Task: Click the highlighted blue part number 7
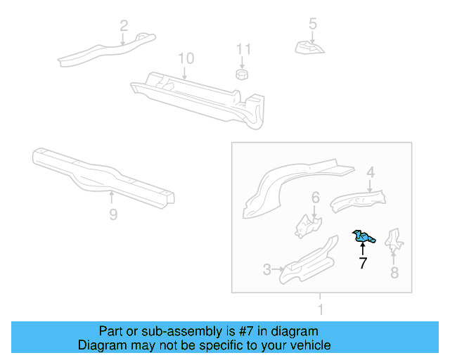pyautogui.click(x=363, y=238)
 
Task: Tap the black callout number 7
pyautogui.click(x=363, y=264)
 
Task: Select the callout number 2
pyautogui.click(x=124, y=26)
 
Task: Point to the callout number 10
pyautogui.click(x=185, y=58)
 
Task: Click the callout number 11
pyautogui.click(x=243, y=49)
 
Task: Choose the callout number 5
pyautogui.click(x=313, y=24)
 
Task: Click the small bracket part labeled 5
pyautogui.click(x=310, y=47)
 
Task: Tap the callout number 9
pyautogui.click(x=113, y=214)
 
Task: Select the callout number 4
pyautogui.click(x=371, y=172)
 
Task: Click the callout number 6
pyautogui.click(x=316, y=198)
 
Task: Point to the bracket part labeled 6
pyautogui.click(x=307, y=225)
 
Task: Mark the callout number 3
pyautogui.click(x=267, y=269)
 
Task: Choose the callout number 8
pyautogui.click(x=394, y=273)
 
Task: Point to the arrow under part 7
pyautogui.click(x=363, y=249)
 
